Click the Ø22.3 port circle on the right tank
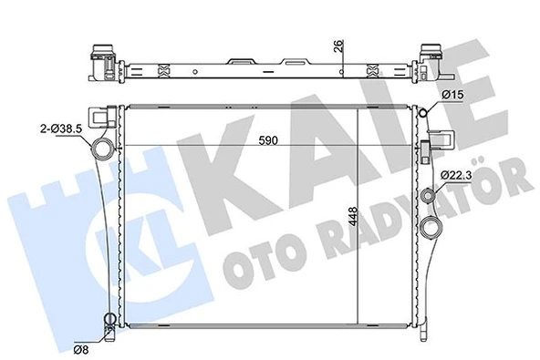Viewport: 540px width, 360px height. click(x=430, y=194)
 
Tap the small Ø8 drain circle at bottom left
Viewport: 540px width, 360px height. click(x=109, y=319)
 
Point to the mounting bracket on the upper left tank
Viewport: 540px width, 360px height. click(x=111, y=117)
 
